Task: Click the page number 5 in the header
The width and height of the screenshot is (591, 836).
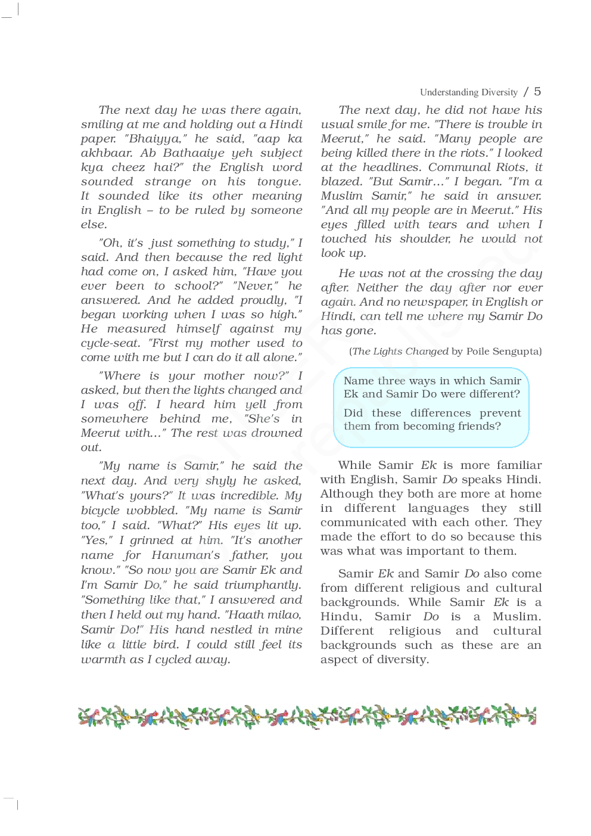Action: (537, 91)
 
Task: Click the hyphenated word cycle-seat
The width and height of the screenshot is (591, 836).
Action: (110, 343)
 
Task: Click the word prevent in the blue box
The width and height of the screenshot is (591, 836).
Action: (500, 413)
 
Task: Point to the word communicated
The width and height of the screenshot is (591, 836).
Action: (363, 523)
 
